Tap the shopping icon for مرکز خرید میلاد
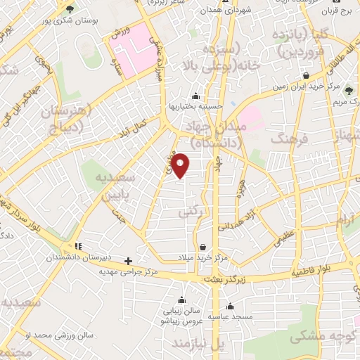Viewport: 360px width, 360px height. [x=203, y=247]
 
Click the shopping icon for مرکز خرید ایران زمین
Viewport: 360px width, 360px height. [x=306, y=75]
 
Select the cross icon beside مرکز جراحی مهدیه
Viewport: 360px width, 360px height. [x=128, y=259]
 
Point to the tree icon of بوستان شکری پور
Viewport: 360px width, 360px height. [x=69, y=9]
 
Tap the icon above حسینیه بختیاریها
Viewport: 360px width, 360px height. [x=195, y=96]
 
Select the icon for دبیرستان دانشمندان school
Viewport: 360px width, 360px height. [x=79, y=246]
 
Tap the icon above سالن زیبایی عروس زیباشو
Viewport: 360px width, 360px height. [x=181, y=300]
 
